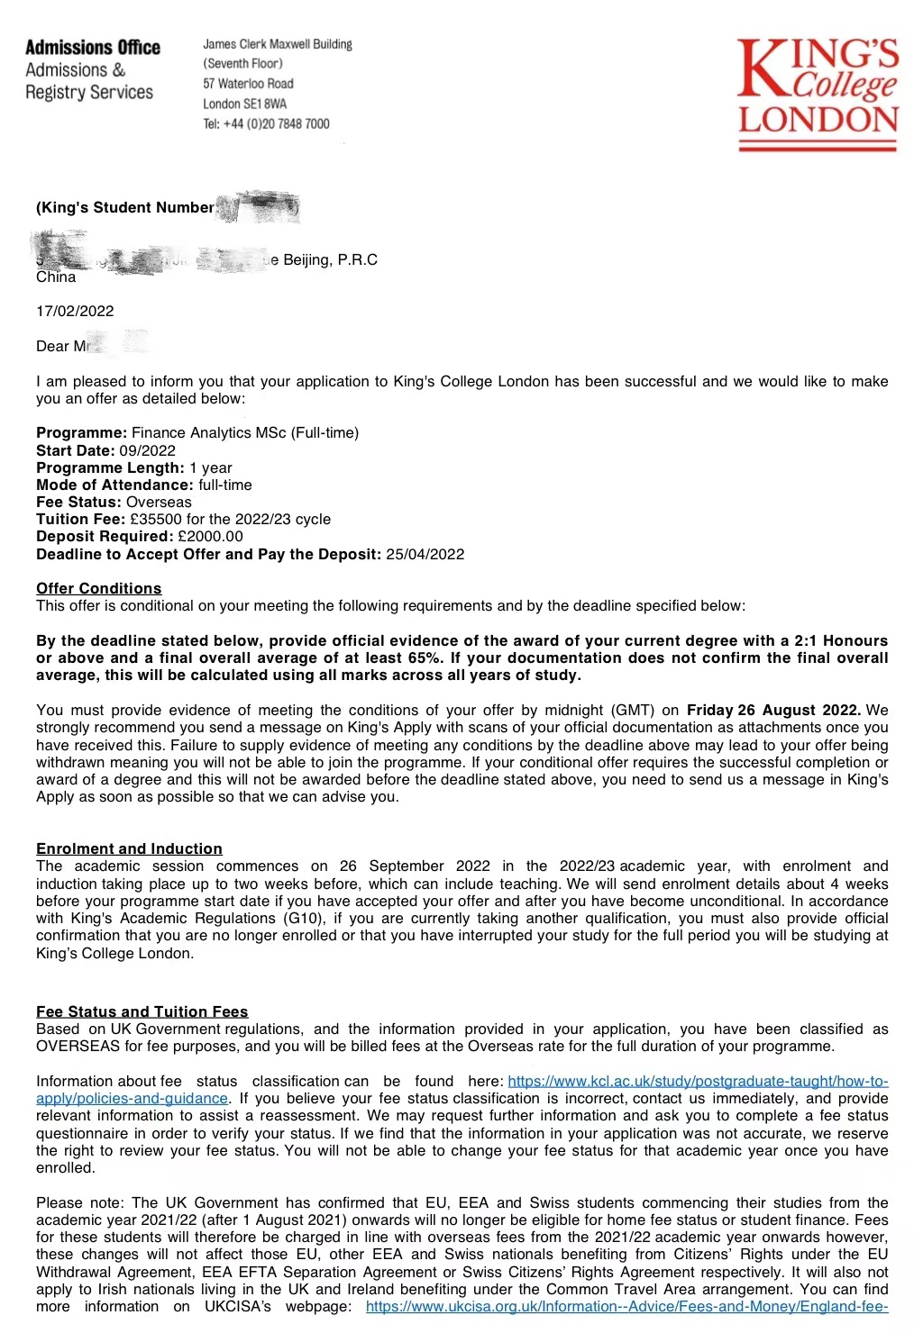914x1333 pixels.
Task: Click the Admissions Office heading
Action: [93, 48]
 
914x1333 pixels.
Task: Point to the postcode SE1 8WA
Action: [263, 104]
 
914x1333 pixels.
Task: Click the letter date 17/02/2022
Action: [75, 312]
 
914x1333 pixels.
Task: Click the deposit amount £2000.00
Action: [210, 537]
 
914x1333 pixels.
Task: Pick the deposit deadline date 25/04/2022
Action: [425, 555]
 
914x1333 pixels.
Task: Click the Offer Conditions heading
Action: [98, 589]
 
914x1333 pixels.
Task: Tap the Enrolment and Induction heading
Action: [129, 849]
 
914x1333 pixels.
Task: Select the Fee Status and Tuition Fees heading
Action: [142, 1012]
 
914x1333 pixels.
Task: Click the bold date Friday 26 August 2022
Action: [773, 711]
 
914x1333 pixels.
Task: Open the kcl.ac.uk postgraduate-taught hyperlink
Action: [698, 1082]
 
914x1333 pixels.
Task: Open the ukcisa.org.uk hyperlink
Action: [626, 1307]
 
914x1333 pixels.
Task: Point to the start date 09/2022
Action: [147, 451]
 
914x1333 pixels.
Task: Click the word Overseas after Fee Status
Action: [159, 503]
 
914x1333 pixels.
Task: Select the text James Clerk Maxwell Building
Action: [278, 44]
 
